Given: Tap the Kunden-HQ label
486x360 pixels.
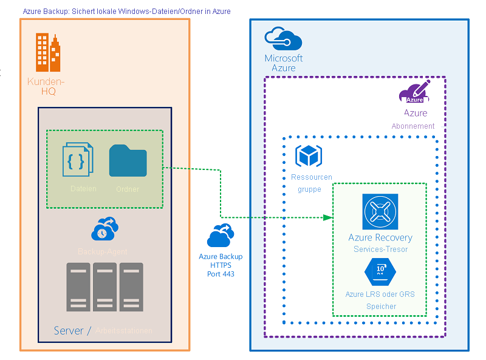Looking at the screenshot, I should pos(46,87).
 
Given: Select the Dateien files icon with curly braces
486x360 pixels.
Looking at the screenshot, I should pos(78,160).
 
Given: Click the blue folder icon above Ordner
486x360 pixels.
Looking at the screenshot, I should pos(128,161).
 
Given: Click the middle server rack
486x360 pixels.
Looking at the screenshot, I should pos(104,287).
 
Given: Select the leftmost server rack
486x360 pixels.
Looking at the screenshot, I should pos(78,287).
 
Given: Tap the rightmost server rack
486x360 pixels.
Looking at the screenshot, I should pos(131,287).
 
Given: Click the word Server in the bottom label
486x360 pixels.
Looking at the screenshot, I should pos(68,330).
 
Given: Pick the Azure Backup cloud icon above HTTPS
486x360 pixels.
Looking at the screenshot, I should pos(221,237).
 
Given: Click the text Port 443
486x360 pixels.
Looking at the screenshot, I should pos(221,274).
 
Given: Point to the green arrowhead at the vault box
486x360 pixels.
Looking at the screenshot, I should pos(329,217).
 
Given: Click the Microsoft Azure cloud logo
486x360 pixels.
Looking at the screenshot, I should pos(283,40).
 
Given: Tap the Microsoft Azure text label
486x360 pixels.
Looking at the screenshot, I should pos(283,63).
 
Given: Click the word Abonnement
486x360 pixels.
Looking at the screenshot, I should pos(413,126).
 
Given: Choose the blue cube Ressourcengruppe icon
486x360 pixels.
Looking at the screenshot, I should pos(308,156).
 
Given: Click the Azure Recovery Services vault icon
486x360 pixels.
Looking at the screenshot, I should pos(380,211).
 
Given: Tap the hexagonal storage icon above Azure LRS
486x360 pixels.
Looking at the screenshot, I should pos(380,272).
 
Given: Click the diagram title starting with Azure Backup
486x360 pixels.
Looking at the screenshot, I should pos(126,12).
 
